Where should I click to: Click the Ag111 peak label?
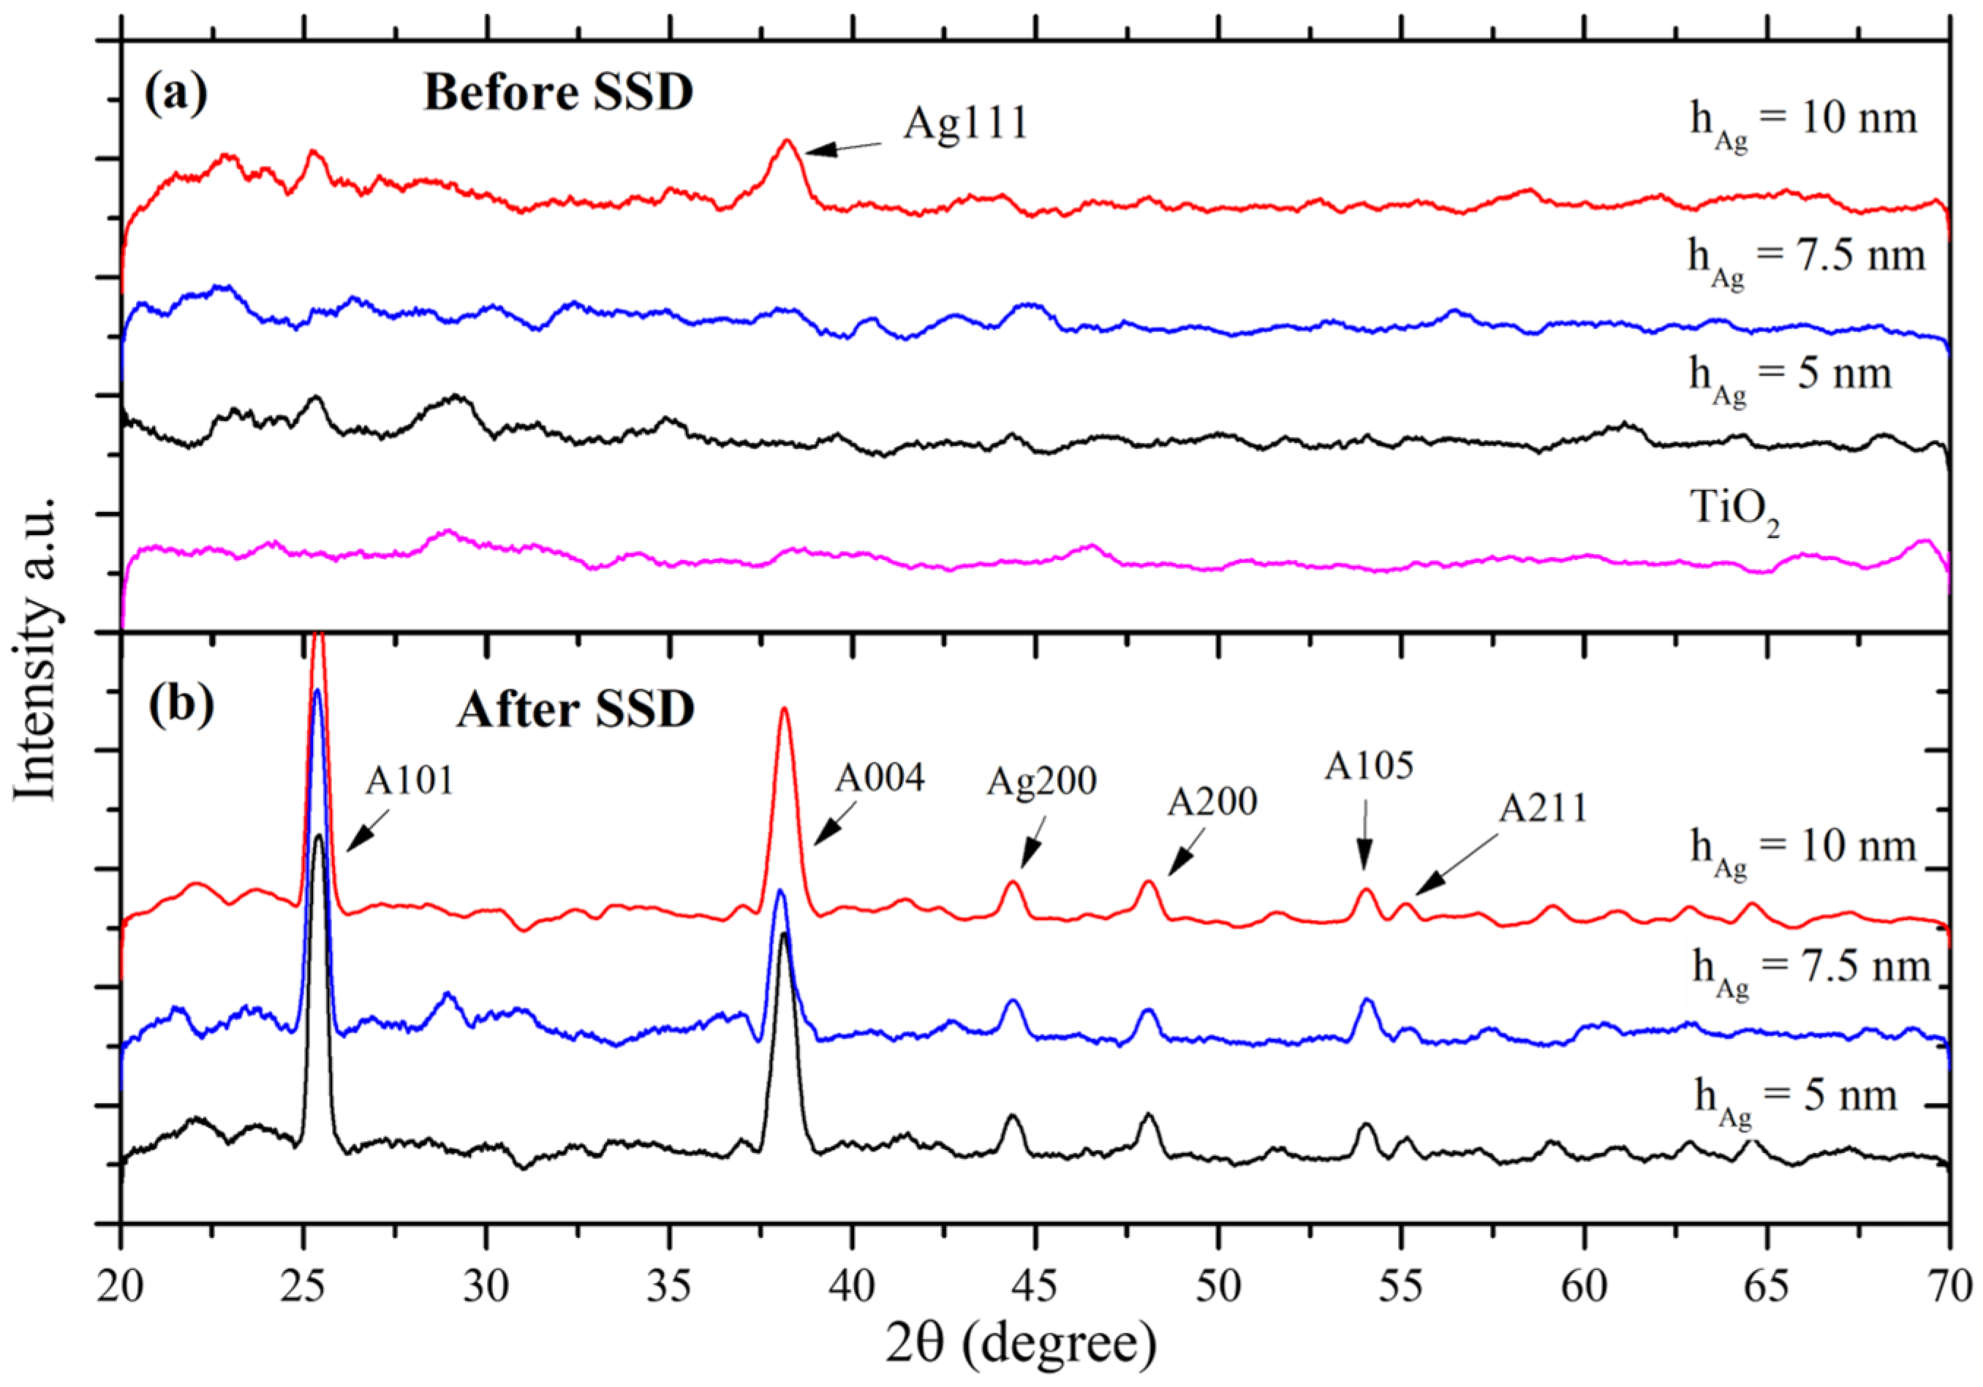click(x=966, y=124)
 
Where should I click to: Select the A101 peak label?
click(x=409, y=781)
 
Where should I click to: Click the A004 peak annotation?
click(x=879, y=778)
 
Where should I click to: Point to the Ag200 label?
click(x=1042, y=782)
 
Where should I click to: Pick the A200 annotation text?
click(x=1212, y=802)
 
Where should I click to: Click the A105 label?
click(x=1369, y=766)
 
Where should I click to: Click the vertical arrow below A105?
click(x=1364, y=842)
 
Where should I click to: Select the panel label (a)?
click(x=176, y=94)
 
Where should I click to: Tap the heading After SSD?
click(x=575, y=710)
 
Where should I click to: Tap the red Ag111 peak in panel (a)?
click(x=787, y=143)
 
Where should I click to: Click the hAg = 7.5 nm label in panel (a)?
click(x=1806, y=259)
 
